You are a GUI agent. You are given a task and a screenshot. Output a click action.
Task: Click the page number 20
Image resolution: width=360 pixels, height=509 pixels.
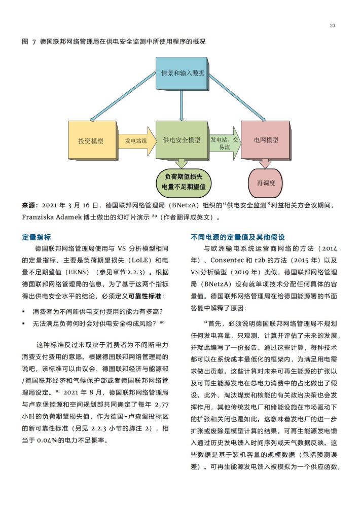click(332, 26)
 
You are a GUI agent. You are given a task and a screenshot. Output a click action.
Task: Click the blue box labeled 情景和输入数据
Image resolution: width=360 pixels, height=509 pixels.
click(182, 74)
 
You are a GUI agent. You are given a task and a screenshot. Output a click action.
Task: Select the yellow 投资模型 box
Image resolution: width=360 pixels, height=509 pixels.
click(92, 140)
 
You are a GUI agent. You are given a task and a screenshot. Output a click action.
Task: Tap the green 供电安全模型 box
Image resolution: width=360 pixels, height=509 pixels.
click(182, 140)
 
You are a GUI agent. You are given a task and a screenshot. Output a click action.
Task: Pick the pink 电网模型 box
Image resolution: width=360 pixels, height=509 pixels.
click(266, 140)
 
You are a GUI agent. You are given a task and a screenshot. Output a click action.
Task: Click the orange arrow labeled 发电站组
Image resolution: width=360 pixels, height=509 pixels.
click(137, 140)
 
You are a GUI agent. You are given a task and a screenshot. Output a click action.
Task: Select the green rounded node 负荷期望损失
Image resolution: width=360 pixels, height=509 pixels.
click(184, 182)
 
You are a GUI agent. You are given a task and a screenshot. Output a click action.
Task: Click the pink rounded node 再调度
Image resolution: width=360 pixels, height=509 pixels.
click(266, 183)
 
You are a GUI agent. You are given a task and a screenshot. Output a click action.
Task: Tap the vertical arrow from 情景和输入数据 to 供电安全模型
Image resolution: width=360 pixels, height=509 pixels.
click(182, 105)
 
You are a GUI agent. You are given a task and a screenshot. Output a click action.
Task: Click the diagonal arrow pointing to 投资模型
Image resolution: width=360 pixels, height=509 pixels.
click(123, 96)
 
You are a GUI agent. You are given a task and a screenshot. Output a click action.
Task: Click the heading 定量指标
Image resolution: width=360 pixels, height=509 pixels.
click(37, 237)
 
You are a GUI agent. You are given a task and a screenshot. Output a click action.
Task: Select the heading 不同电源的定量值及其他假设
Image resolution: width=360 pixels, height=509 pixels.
click(238, 237)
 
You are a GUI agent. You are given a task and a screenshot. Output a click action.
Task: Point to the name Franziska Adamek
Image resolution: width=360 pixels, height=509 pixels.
click(52, 217)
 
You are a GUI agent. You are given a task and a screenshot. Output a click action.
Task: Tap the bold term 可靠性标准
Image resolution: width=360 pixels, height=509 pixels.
click(145, 296)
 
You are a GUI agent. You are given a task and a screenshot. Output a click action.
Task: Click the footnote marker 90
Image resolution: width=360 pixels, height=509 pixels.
click(162, 322)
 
